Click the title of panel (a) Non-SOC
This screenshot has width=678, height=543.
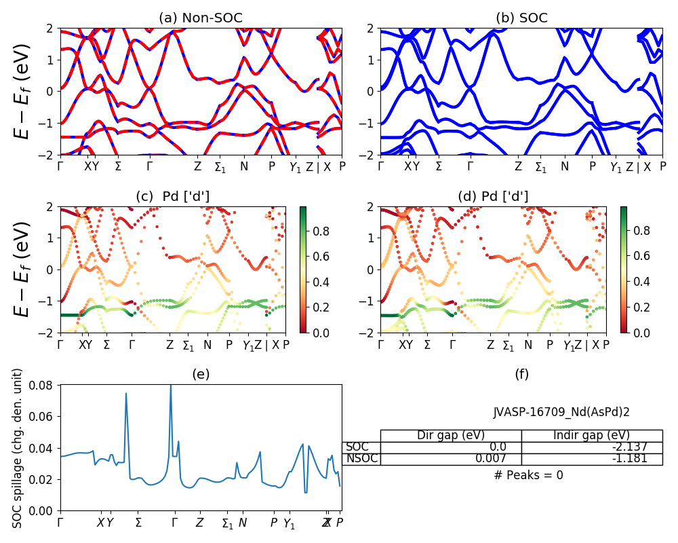pos(201,18)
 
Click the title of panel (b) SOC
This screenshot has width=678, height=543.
pos(521,18)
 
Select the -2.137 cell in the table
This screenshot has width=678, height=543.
pos(592,447)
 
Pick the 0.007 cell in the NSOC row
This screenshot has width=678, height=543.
pos(451,459)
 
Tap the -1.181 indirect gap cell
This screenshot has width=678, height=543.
pos(592,459)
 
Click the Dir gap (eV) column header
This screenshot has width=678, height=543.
pos(451,436)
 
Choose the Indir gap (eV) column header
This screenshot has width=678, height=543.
pos(592,436)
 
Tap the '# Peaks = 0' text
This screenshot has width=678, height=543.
pos(528,475)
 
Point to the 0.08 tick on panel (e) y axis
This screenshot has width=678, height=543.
pos(44,386)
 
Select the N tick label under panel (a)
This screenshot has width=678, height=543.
pos(244,166)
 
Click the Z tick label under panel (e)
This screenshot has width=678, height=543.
pos(199,523)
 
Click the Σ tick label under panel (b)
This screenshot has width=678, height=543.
pos(439,166)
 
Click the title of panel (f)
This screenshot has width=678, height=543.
pos(521,374)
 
